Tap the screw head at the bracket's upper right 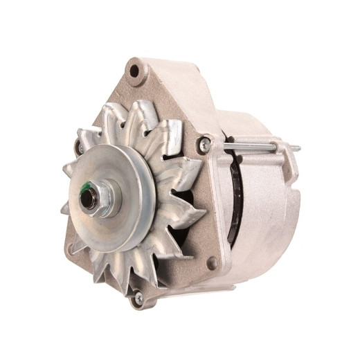pos(204,145)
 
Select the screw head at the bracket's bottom pos(138,298)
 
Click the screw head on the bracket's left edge pos(78,147)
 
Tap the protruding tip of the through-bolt pos(296,147)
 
